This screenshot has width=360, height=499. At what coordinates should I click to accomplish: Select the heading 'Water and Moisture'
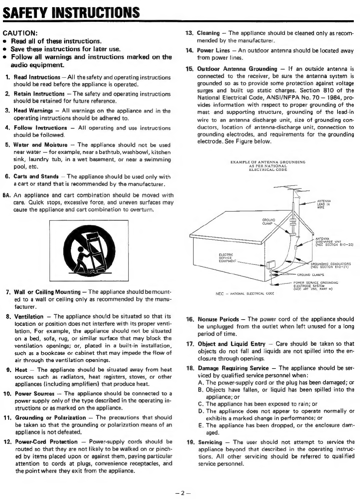click(40, 145)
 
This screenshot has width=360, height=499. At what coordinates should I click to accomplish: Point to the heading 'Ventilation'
click(29, 317)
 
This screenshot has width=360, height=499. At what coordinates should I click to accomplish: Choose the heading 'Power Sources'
click(35, 394)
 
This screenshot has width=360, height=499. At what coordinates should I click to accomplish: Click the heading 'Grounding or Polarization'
click(51, 418)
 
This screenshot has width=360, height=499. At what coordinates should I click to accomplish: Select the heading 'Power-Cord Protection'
click(46, 442)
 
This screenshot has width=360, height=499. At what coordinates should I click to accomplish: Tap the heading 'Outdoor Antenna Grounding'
click(237, 69)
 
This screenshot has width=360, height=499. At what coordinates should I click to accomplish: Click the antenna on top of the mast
click(287, 190)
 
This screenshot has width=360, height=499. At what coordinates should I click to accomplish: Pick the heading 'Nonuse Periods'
click(218, 319)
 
